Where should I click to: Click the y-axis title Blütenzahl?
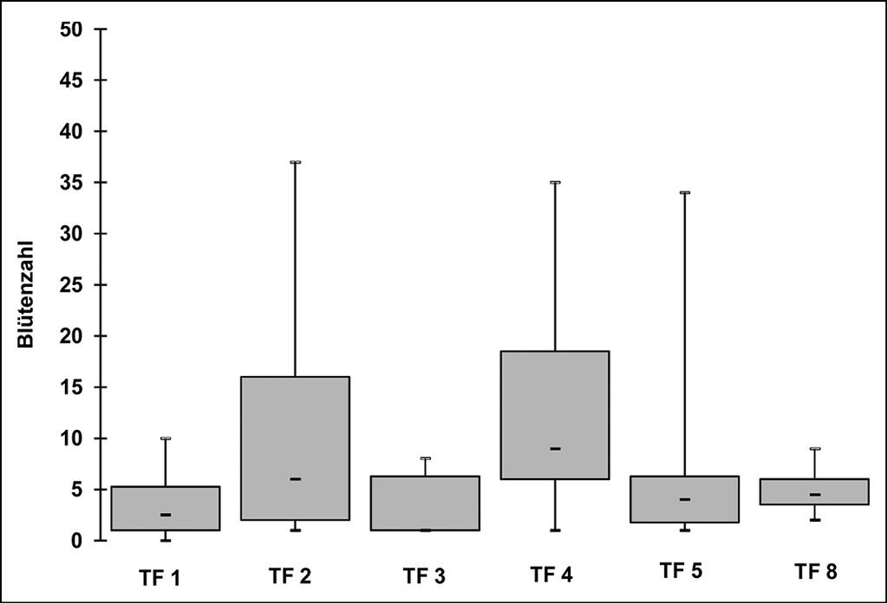[x=25, y=295]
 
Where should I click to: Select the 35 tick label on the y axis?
[x=71, y=182]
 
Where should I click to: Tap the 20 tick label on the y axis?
[x=71, y=335]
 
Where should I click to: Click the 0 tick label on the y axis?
[x=77, y=541]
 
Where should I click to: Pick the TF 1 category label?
[x=160, y=579]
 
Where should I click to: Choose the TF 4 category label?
[x=551, y=575]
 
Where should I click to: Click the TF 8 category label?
[x=815, y=572]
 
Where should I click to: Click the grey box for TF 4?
[x=555, y=415]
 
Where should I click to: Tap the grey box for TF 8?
[x=815, y=492]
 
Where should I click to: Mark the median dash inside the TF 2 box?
[x=295, y=479]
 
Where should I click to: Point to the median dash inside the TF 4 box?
[x=555, y=449]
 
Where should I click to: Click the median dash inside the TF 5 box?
[x=685, y=500]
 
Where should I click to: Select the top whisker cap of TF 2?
[x=295, y=162]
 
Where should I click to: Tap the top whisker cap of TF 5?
[x=685, y=192]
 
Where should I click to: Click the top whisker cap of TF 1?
[x=166, y=438]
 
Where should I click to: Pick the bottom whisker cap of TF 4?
[x=555, y=530]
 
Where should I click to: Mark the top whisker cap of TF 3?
[x=425, y=458]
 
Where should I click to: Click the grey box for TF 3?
[x=425, y=503]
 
